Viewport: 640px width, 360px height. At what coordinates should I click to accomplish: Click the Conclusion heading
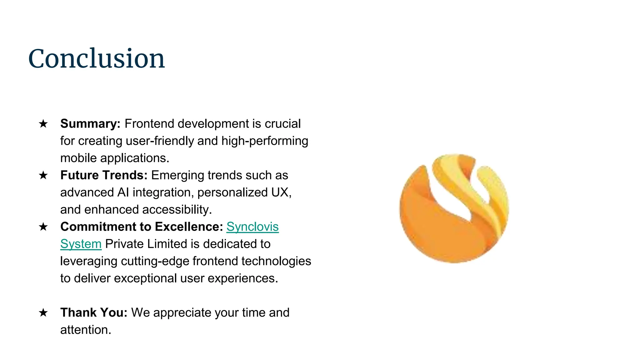click(x=96, y=59)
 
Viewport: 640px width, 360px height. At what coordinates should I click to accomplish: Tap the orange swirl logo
click(x=454, y=208)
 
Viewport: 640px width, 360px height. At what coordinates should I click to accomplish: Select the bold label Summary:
click(x=90, y=124)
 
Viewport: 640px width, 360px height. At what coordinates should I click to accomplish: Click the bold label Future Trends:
click(x=104, y=175)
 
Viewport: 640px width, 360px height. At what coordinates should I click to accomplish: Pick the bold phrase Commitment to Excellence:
click(x=142, y=227)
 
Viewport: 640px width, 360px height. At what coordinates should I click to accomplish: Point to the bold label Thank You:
click(x=94, y=313)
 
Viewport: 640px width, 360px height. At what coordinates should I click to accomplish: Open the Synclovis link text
click(x=252, y=227)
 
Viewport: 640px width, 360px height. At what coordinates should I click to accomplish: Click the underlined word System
click(x=81, y=244)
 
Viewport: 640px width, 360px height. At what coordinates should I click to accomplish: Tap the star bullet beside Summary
click(x=43, y=124)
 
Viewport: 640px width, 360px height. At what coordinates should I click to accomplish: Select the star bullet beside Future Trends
click(x=43, y=175)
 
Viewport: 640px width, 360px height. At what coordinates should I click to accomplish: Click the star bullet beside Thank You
click(x=43, y=313)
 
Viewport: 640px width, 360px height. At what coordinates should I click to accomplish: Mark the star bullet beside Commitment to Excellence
click(x=43, y=227)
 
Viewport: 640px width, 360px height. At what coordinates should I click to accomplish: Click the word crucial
click(x=282, y=124)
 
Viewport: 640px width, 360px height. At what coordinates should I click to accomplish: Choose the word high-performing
click(x=265, y=141)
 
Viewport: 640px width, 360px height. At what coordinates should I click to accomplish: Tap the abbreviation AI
click(x=123, y=192)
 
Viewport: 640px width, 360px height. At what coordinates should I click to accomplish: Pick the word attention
click(x=86, y=330)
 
